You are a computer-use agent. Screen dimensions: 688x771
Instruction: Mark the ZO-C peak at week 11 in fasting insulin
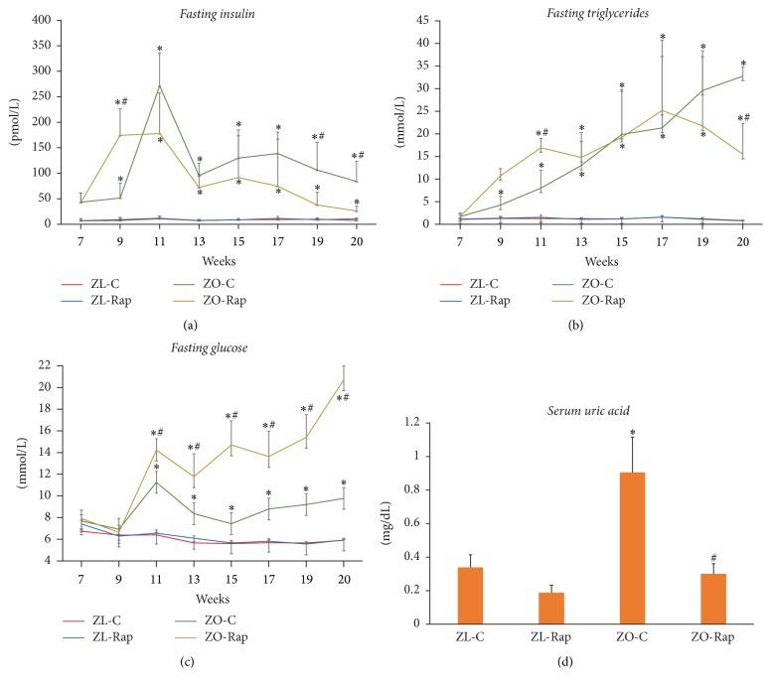click(160, 85)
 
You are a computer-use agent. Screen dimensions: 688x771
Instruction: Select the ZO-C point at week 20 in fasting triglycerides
click(742, 75)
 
